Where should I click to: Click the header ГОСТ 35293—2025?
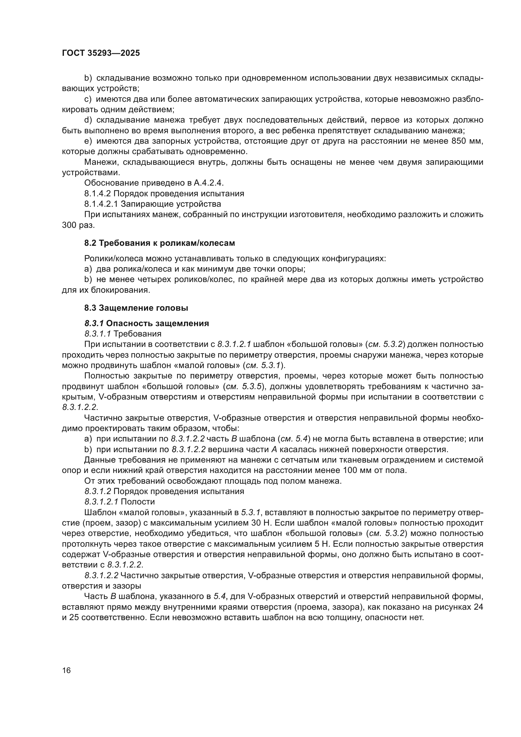click(x=101, y=53)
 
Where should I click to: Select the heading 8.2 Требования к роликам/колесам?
click(x=159, y=243)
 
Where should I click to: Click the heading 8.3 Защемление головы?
click(x=136, y=308)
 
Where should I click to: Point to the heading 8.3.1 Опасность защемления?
click(x=146, y=323)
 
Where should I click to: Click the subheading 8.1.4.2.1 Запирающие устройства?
click(x=152, y=204)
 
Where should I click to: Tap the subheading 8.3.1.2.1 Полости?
click(x=120, y=502)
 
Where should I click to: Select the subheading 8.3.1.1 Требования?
click(x=123, y=334)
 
